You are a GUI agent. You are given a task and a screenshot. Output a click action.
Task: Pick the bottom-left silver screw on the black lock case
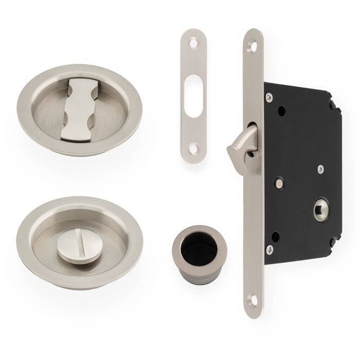[269, 250]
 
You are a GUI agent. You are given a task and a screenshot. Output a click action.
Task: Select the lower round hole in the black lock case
[275, 237]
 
